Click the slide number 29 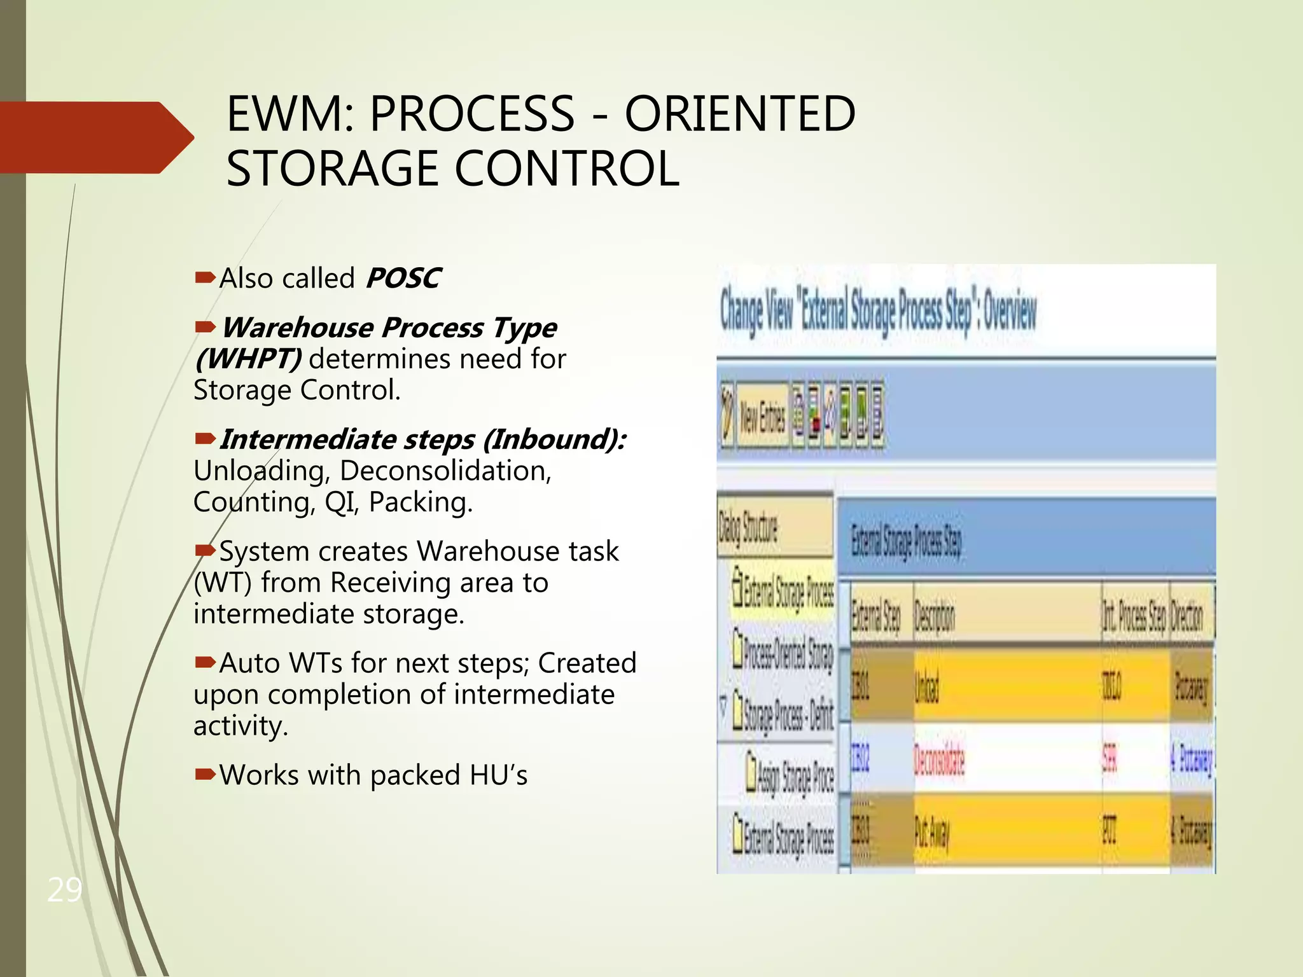tap(64, 889)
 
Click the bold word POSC tap(402, 278)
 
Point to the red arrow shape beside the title tap(95, 137)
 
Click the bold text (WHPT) tap(247, 359)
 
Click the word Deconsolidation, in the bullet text tap(445, 471)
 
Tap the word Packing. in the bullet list tap(421, 502)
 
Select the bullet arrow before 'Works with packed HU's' tap(205, 774)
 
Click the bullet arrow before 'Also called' tap(205, 277)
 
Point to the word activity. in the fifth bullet tap(240, 726)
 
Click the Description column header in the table tap(935, 616)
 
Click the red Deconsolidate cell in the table tap(939, 759)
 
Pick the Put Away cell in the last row tap(931, 831)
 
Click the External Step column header tap(876, 616)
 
